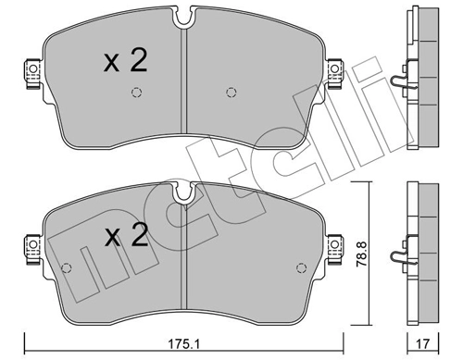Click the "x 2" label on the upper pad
125,62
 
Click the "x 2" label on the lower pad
125,237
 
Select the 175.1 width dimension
185,341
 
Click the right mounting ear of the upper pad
337,69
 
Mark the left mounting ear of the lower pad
32,246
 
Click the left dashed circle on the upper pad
137,92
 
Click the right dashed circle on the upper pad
231,92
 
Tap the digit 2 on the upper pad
137,62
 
